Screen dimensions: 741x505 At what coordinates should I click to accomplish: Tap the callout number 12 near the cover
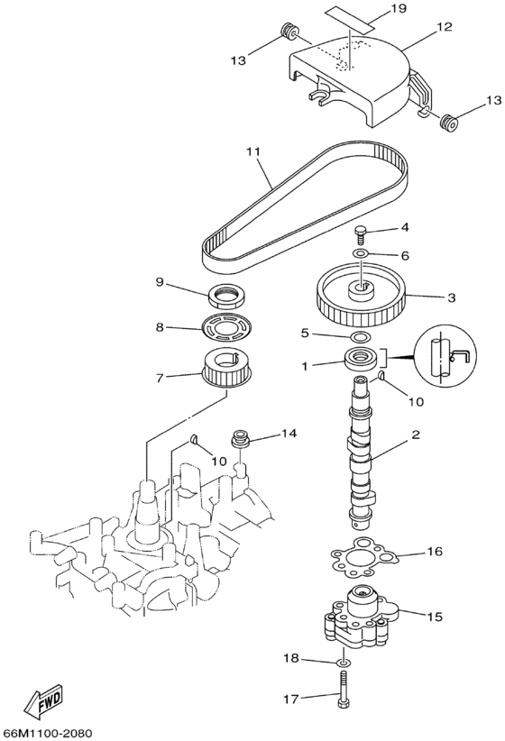tap(445, 29)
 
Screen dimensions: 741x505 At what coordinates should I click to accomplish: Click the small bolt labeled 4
tap(361, 234)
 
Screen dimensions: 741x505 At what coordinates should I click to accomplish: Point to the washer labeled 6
tap(361, 255)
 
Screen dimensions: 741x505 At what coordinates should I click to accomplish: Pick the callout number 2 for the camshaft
tap(417, 435)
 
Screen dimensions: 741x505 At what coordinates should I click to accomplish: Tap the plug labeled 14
tap(241, 440)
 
